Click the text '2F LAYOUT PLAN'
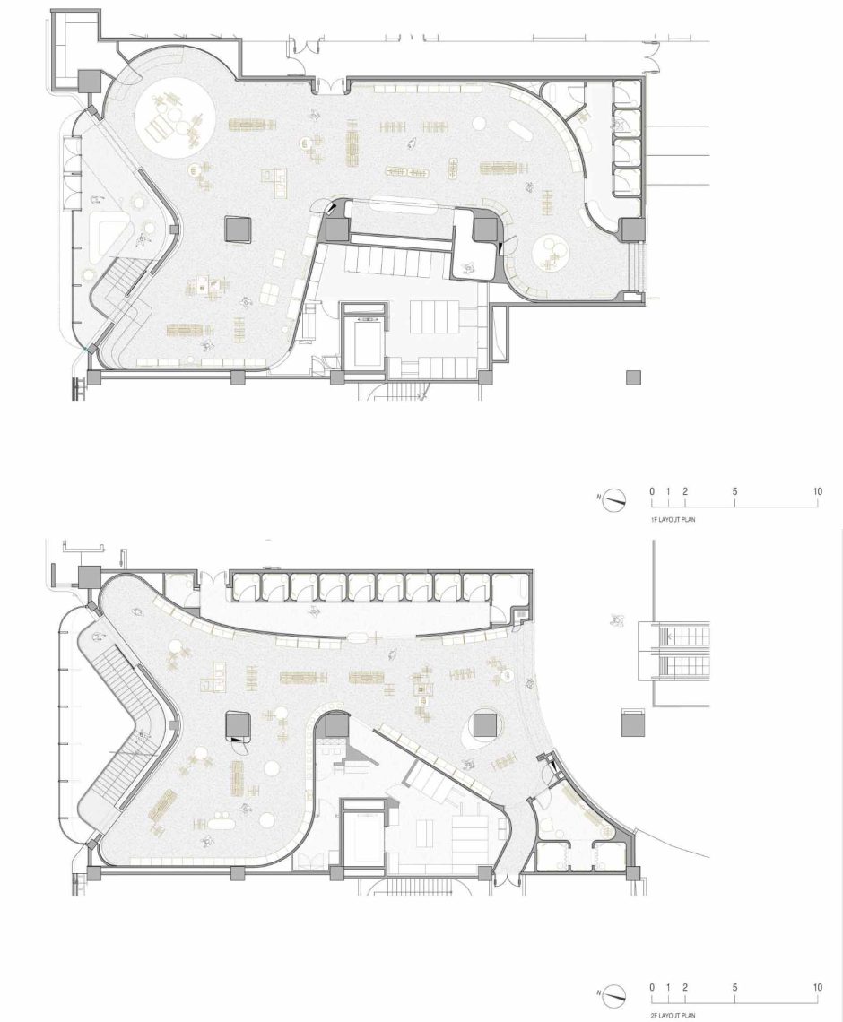pos(673,1016)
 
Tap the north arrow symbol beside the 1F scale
pos(613,500)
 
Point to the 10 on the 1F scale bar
pos(818,491)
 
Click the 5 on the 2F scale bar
pos(734,987)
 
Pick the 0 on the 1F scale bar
pos(651,491)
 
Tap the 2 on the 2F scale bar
pos(685,987)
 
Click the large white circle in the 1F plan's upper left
pos(173,118)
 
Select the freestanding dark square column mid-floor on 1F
pos(238,229)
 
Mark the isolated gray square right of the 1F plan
pos(633,377)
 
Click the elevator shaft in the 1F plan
pos(364,340)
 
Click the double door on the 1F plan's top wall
pos(331,85)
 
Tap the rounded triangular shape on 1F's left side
pos(108,235)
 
